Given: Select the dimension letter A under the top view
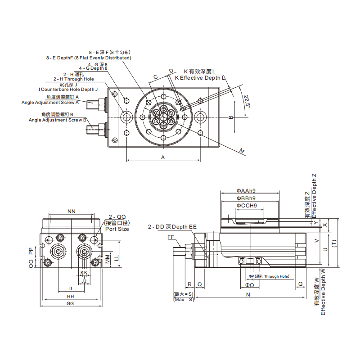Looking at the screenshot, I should pos(163,157).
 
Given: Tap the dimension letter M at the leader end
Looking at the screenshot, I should pos(242,151).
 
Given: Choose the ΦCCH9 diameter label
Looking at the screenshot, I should pos(247,206).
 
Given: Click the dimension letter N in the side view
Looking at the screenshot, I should pos(247,295).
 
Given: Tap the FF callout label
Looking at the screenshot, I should pos(171,237).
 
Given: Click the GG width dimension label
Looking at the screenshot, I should pos(71,304).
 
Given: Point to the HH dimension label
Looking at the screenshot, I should pos(71,297).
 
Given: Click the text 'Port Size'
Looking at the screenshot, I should pos(117,229).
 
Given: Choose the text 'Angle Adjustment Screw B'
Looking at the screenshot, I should pos(57,120).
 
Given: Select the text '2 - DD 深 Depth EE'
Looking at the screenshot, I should pos(172,227).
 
